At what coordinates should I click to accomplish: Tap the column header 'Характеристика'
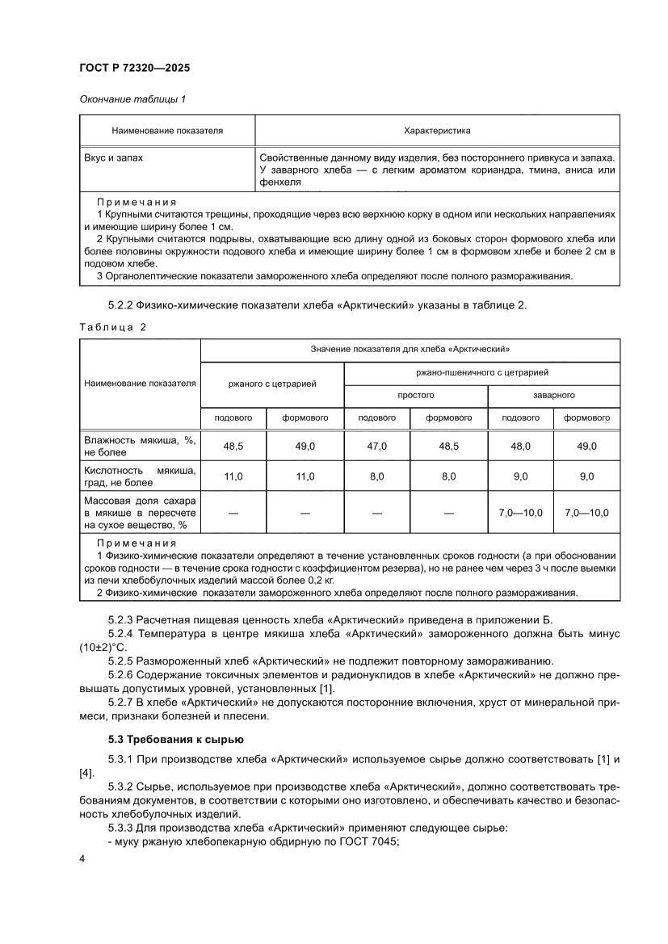click(437, 130)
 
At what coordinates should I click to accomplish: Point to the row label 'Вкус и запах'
click(113, 158)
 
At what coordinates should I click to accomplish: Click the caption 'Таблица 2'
click(113, 327)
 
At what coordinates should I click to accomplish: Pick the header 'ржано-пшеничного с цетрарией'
click(482, 372)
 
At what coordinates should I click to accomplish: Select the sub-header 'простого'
click(415, 396)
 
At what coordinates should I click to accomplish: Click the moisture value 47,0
click(377, 446)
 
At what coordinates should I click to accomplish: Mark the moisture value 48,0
click(520, 446)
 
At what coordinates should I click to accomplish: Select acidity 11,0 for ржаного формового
click(305, 476)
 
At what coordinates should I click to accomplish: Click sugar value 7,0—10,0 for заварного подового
click(520, 513)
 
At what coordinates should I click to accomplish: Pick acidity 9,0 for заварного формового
click(586, 476)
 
